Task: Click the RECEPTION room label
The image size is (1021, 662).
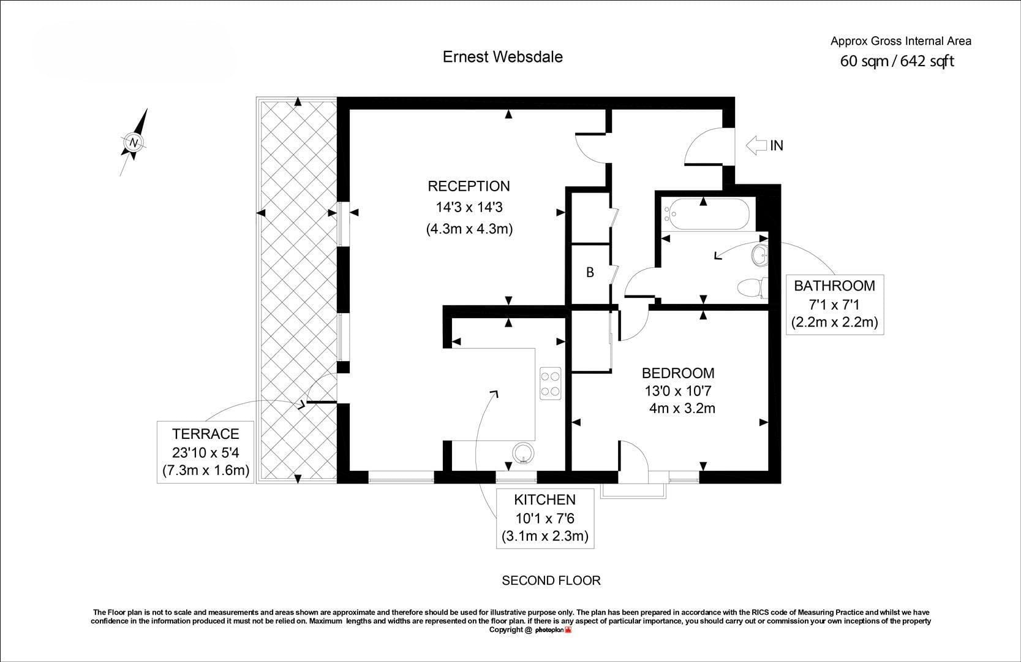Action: [x=469, y=186]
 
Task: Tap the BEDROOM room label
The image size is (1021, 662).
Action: [x=678, y=373]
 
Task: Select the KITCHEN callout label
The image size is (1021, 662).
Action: [x=544, y=500]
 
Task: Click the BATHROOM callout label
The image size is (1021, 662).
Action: [x=835, y=286]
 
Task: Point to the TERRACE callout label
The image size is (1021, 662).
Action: [x=206, y=433]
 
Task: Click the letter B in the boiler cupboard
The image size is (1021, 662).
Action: [x=590, y=272]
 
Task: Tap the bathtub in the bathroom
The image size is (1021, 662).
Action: [x=706, y=214]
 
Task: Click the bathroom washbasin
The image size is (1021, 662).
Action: [x=760, y=254]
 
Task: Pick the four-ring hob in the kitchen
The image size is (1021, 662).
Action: [x=550, y=384]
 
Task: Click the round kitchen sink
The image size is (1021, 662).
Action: [x=523, y=453]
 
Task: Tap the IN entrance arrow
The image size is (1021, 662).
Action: [x=756, y=145]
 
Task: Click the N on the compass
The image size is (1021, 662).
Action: [x=134, y=142]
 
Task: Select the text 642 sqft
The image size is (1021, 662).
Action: [x=927, y=61]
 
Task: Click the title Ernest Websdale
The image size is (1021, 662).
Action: [x=503, y=56]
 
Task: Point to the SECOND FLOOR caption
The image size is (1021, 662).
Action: [x=551, y=580]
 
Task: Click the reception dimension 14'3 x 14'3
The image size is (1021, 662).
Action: [x=469, y=207]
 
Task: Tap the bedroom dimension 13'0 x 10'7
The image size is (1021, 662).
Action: [x=678, y=391]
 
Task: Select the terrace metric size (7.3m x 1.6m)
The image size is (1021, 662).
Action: [x=206, y=470]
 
